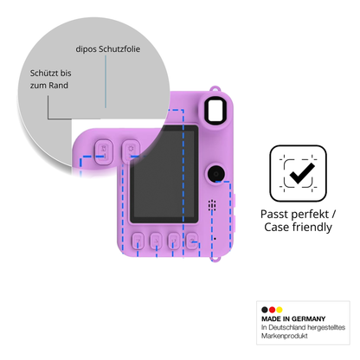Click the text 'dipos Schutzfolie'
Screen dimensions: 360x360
point(108,49)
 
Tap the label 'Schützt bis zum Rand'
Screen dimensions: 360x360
point(50,79)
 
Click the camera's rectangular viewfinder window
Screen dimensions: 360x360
point(215,111)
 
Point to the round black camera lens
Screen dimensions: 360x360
point(215,173)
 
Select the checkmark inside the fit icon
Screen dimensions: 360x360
point(302,173)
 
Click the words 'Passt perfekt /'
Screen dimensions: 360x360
point(298,214)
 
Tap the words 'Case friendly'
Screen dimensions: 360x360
point(298,227)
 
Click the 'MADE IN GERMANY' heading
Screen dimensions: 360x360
point(293,318)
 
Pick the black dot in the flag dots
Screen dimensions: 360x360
point(265,310)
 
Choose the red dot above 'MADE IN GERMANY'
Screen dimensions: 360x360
point(272,310)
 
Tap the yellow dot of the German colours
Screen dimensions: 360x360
point(280,310)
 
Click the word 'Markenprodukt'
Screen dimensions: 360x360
point(285,336)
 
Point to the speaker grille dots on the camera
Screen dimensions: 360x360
point(212,205)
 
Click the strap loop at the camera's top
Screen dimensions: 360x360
point(215,89)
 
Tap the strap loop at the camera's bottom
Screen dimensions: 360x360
point(215,259)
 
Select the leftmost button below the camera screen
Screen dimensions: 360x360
point(138,241)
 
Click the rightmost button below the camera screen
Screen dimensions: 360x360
point(192,241)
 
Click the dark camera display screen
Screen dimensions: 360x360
point(164,174)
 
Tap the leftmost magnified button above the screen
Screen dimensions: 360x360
point(104,151)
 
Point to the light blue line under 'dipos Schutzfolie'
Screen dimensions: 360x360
point(106,81)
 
